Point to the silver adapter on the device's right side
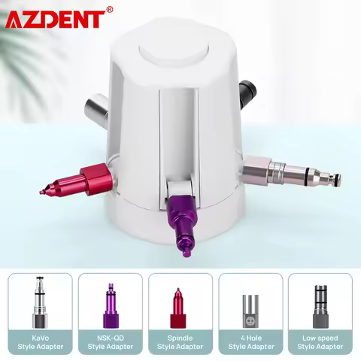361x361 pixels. [x=293, y=171]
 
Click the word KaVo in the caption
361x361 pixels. [x=41, y=337]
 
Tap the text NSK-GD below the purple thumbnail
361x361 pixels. [x=110, y=337]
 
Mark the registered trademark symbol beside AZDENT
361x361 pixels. [x=110, y=9]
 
